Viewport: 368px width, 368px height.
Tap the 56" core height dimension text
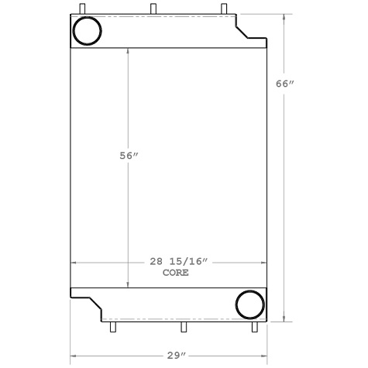[x=128, y=156]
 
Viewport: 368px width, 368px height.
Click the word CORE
[x=176, y=273]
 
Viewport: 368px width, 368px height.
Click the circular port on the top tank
[x=86, y=32]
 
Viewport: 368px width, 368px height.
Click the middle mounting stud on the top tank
[x=152, y=9]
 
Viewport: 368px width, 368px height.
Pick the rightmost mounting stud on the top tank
[x=224, y=9]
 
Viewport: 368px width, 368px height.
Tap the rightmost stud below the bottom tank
[x=253, y=328]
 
